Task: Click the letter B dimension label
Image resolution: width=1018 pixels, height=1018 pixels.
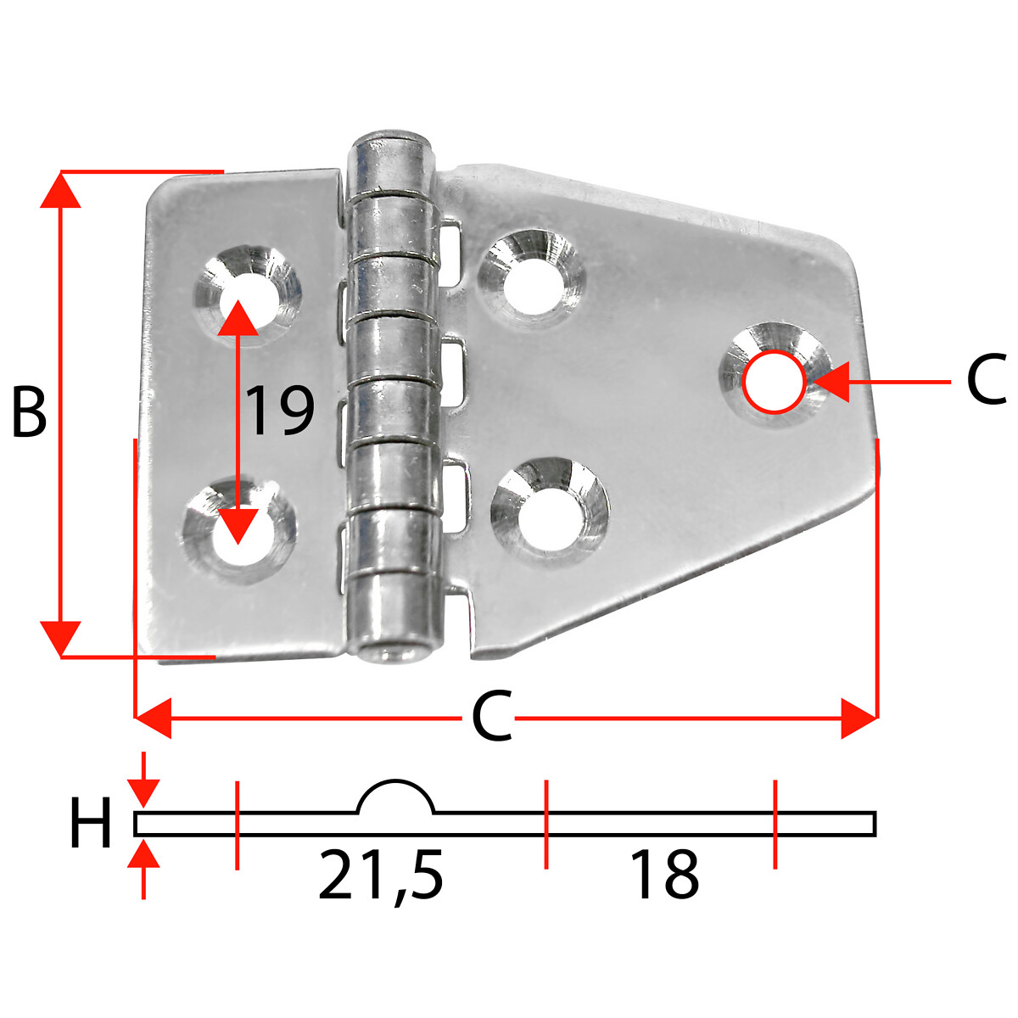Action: pyautogui.click(x=30, y=412)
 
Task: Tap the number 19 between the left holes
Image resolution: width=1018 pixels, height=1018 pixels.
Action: pyautogui.click(x=281, y=411)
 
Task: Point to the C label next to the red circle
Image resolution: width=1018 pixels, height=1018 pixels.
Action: pyautogui.click(x=987, y=379)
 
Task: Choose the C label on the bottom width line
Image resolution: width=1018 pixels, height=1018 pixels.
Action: pyautogui.click(x=492, y=716)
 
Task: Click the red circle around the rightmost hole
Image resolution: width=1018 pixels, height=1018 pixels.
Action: pyautogui.click(x=774, y=382)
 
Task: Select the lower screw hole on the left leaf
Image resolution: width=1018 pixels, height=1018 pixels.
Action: pyautogui.click(x=238, y=531)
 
